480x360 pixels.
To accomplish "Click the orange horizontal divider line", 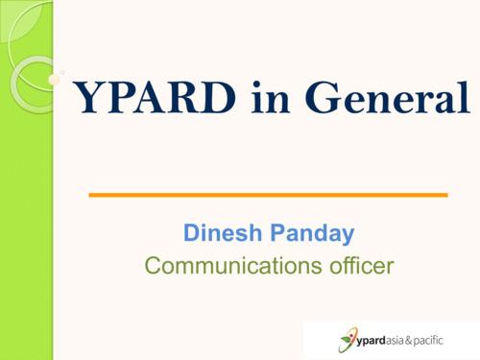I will point(268,195).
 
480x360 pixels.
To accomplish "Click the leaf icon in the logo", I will point(346,339).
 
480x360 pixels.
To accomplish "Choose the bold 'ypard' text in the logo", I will point(376,339).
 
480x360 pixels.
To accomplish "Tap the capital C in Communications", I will point(152,265).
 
